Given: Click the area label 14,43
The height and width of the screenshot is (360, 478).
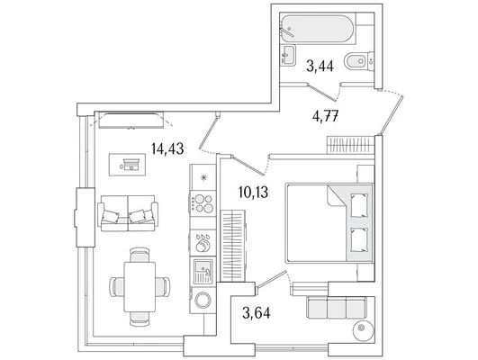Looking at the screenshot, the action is tap(167, 148).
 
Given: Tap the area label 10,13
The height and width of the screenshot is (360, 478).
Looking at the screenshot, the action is tap(253, 193).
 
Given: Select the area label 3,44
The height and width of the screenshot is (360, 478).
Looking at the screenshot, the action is tap(320, 66).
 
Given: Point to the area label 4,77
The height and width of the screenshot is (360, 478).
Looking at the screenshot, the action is tap(326, 116).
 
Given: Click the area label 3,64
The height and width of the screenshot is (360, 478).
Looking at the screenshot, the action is tap(256, 313).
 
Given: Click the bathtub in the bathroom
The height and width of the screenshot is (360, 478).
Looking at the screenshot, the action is tap(318, 29).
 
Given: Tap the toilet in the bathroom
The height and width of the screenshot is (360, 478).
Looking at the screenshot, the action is tap(359, 61).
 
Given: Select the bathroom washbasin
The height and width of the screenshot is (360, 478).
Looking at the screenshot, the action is tap(288, 55).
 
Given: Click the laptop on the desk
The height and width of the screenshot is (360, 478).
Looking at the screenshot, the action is tap(131, 165).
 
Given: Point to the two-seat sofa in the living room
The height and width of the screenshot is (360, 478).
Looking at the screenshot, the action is tap(128, 213).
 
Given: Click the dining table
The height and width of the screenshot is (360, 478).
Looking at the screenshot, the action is tap(140, 286).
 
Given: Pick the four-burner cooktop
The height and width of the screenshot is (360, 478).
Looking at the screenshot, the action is tap(203, 203).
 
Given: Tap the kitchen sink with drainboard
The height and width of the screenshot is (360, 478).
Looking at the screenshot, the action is tap(203, 271).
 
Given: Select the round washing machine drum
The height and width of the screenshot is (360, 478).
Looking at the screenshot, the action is tap(203, 301).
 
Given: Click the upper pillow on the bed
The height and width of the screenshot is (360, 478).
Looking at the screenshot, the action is tap(359, 205).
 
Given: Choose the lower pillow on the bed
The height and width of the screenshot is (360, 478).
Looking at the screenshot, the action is tap(359, 240).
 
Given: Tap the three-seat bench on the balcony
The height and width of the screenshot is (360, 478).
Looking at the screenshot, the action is tap(337, 308).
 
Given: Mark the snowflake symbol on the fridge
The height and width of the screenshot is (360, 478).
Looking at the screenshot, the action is tap(203, 177).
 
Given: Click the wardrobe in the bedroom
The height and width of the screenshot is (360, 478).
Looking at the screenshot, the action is tap(233, 246).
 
